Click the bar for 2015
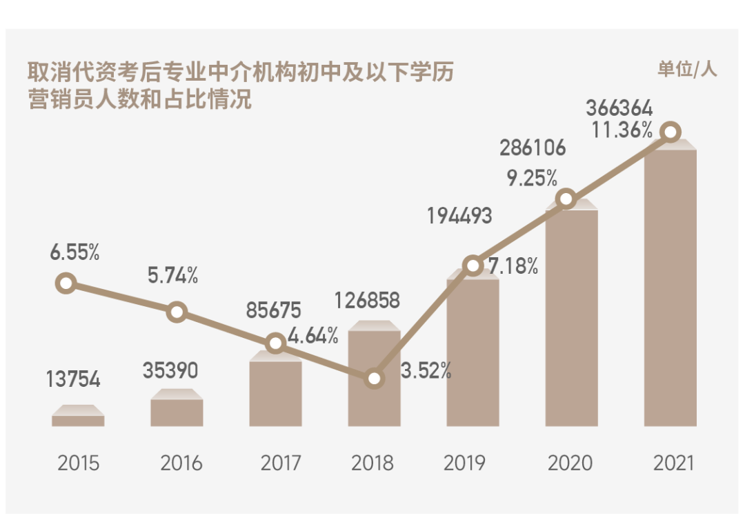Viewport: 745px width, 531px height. (x=78, y=420)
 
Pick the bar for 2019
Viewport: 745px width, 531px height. (x=473, y=352)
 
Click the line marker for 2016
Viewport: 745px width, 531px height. (x=177, y=312)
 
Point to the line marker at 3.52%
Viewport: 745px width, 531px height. (x=374, y=378)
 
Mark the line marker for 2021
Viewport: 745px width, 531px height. (x=670, y=132)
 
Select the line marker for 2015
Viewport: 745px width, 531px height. (x=66, y=283)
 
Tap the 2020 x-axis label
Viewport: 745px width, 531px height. (x=570, y=463)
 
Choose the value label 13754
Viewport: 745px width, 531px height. (x=73, y=379)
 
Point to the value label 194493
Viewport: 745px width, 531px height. (x=459, y=216)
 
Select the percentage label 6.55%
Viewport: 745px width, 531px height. (x=74, y=253)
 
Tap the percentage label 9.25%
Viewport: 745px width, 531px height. (x=532, y=179)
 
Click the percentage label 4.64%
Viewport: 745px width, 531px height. (x=313, y=337)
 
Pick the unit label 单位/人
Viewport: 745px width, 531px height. (x=687, y=69)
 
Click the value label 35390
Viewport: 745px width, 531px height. (x=170, y=371)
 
